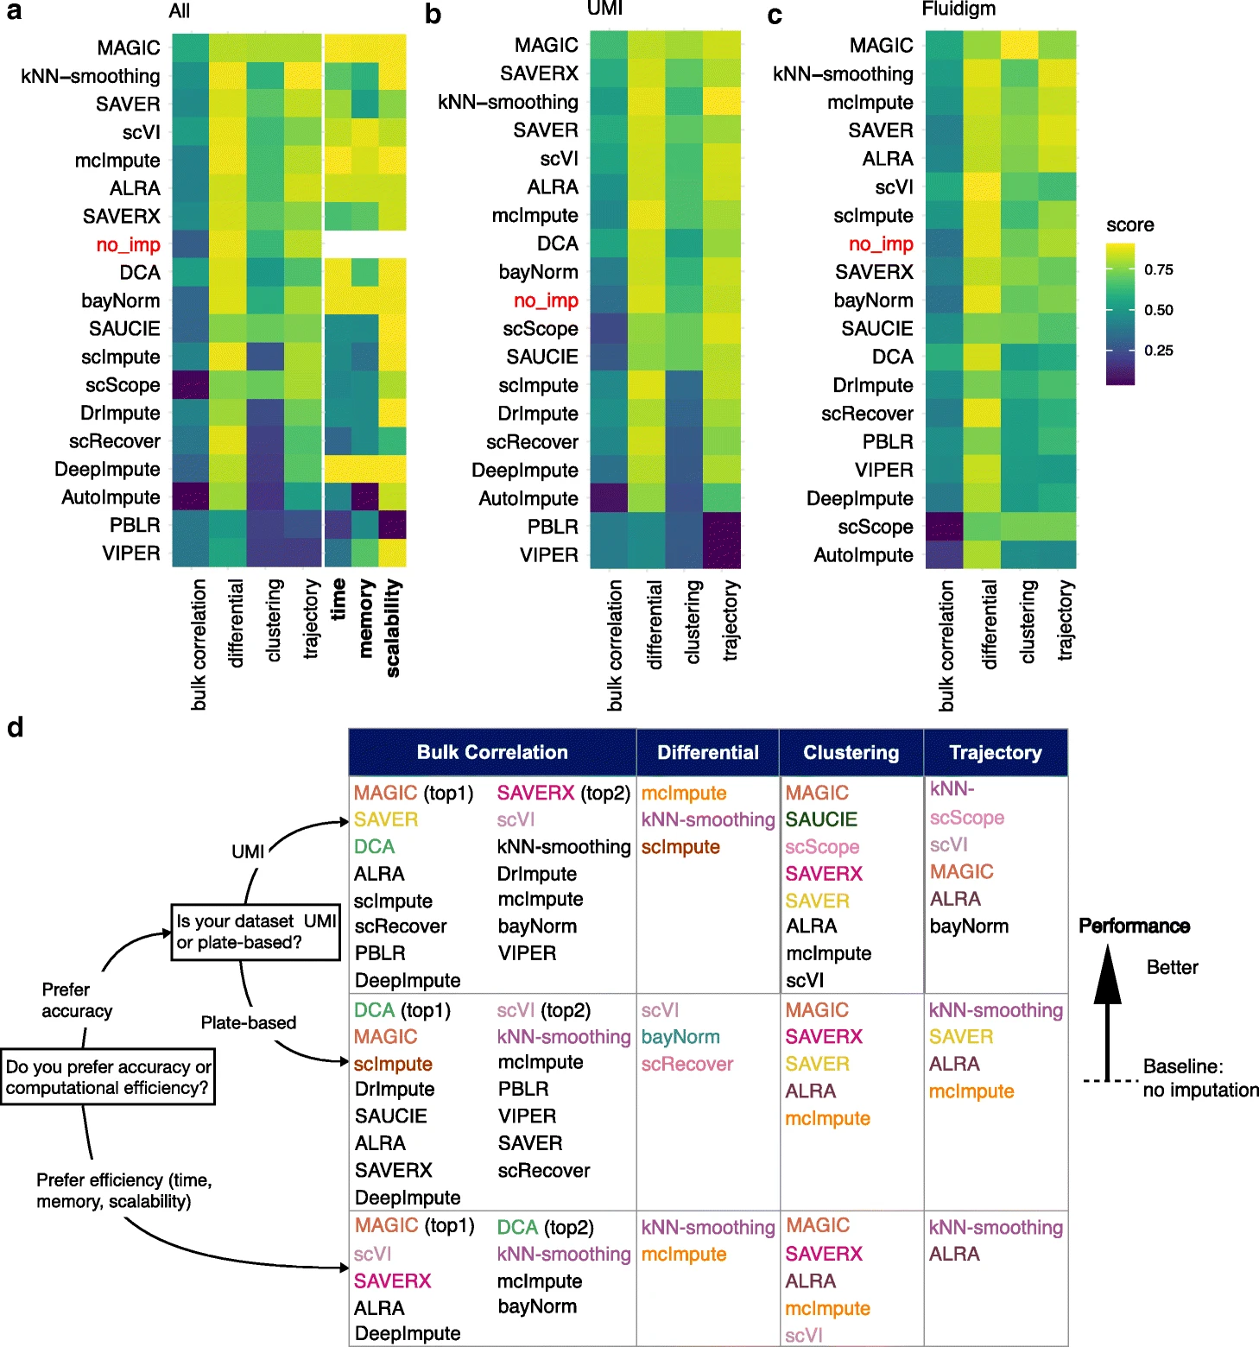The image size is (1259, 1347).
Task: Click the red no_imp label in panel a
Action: pos(128,245)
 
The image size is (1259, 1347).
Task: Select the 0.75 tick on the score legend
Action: pos(1158,270)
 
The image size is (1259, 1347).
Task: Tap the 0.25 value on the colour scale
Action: pos(1158,351)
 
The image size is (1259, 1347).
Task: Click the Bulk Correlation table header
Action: pos(492,752)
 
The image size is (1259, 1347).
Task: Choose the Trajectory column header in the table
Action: pos(995,752)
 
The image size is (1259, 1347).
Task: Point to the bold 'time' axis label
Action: pos(338,598)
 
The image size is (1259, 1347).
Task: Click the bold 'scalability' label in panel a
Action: pos(393,628)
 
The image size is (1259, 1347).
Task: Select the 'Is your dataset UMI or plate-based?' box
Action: pos(256,932)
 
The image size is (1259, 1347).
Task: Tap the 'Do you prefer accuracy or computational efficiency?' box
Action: pos(108,1077)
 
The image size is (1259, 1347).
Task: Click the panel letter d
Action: pos(16,728)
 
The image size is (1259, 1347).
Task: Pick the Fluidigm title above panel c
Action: pos(958,9)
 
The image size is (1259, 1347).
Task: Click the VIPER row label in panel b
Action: pos(548,555)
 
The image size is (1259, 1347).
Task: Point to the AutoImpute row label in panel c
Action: pos(863,555)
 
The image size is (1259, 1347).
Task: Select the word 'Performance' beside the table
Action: pos(1134,926)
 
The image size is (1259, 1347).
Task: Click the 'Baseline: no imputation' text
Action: pos(1199,1078)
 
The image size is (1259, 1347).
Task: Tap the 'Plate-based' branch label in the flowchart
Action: pos(249,1023)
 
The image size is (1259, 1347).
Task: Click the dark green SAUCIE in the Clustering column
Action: pos(821,819)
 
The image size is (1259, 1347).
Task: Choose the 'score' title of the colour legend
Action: pos(1129,225)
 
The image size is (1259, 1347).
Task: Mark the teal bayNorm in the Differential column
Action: pos(680,1037)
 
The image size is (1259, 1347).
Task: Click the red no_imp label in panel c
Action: pos(881,244)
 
